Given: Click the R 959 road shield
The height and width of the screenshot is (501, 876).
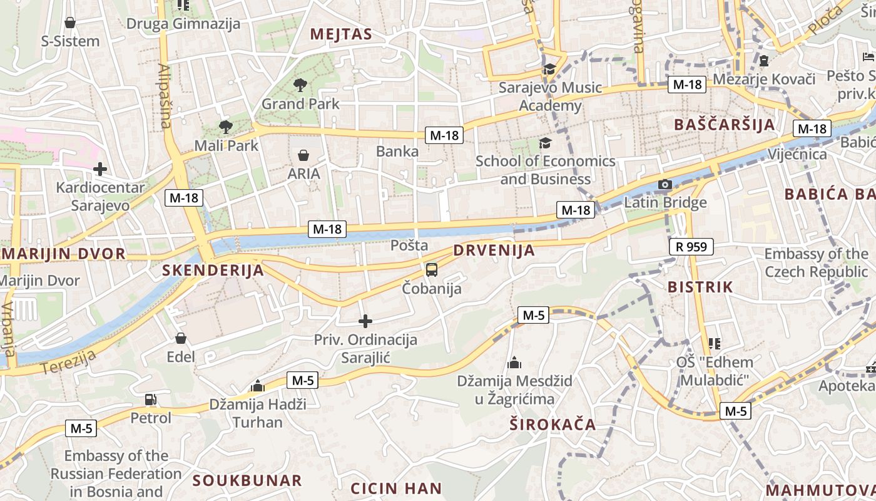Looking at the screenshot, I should click(691, 247).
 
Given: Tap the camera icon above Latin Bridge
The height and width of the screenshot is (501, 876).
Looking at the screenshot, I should click(665, 184).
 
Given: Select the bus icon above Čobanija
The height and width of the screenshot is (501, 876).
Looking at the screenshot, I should click(432, 270).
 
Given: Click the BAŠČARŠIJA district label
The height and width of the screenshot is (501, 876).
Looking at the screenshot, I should click(725, 125).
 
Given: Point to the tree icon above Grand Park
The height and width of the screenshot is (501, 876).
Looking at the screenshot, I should click(300, 85).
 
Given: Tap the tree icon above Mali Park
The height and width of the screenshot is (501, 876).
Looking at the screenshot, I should click(226, 127).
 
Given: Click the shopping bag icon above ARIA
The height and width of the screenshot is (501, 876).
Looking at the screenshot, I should click(303, 155).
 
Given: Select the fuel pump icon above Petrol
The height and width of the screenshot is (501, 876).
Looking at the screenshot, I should click(151, 399).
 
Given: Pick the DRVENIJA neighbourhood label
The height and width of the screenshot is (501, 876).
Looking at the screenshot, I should click(494, 250).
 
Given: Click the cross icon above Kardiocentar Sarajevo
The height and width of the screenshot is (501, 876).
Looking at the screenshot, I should click(99, 169).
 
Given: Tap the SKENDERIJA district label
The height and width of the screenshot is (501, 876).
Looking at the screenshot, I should click(213, 271).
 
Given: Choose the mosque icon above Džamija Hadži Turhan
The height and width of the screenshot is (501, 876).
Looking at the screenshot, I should click(257, 386).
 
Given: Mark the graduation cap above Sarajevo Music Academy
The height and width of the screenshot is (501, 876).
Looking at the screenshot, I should click(549, 69).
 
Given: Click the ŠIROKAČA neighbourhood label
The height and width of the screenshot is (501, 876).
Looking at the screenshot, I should click(553, 425).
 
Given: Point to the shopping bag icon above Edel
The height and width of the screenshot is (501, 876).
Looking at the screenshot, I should click(181, 338).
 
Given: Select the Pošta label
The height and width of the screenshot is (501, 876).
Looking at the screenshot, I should click(409, 245).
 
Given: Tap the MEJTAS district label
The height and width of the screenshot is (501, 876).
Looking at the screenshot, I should click(341, 34).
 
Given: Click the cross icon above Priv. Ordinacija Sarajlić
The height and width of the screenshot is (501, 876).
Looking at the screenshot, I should click(365, 321).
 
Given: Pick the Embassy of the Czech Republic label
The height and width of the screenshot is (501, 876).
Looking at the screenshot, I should click(816, 263).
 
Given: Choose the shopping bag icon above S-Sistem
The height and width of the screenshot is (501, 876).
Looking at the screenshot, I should click(70, 23).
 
